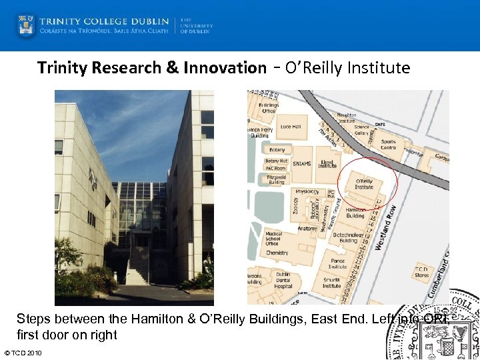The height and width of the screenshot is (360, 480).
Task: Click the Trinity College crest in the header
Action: point(27,25)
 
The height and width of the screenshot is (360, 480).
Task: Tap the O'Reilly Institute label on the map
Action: point(364,184)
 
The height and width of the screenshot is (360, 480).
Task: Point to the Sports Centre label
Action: point(388,145)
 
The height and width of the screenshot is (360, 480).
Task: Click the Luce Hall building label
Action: point(291,127)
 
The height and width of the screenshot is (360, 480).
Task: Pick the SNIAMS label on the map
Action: point(301,164)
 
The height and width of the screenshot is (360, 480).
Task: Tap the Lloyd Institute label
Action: point(327,163)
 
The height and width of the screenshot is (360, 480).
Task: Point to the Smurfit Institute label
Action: point(331,283)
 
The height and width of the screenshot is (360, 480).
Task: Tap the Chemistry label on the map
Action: point(277,253)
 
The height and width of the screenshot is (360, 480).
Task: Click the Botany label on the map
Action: point(277,150)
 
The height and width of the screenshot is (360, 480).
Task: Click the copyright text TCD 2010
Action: point(23,353)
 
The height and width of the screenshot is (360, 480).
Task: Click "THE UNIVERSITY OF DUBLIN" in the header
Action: point(195,26)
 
